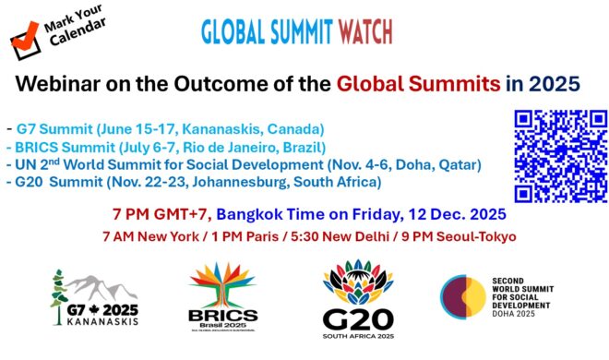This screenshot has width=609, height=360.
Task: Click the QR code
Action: pyautogui.click(x=559, y=155)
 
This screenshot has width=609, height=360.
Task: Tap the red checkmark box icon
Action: pyautogui.click(x=22, y=36)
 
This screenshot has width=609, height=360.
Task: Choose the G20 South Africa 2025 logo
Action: pyautogui.click(x=359, y=297)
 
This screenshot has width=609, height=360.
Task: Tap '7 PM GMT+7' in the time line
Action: pyautogui.click(x=162, y=213)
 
